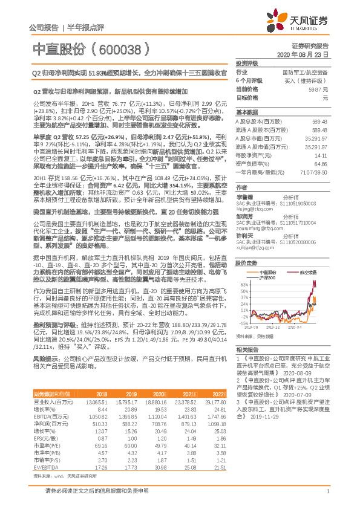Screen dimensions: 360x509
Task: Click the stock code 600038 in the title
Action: pyautogui.click(x=122, y=49)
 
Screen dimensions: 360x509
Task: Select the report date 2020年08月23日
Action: pyautogui.click(x=308, y=54)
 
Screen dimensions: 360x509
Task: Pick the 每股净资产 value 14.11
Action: pyautogui.click(x=321, y=155)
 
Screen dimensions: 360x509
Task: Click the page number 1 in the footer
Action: pyautogui.click(x=327, y=497)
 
